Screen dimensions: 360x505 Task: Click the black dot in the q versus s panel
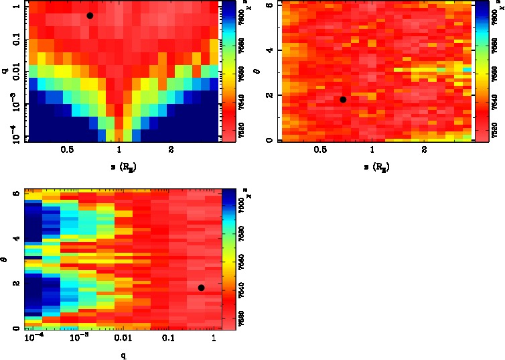(90, 15)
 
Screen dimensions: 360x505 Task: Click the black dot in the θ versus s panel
(343, 99)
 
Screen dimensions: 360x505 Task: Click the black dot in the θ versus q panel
(201, 288)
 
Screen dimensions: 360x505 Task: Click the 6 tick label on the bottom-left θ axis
(15, 193)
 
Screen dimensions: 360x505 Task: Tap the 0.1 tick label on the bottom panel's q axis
(167, 338)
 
